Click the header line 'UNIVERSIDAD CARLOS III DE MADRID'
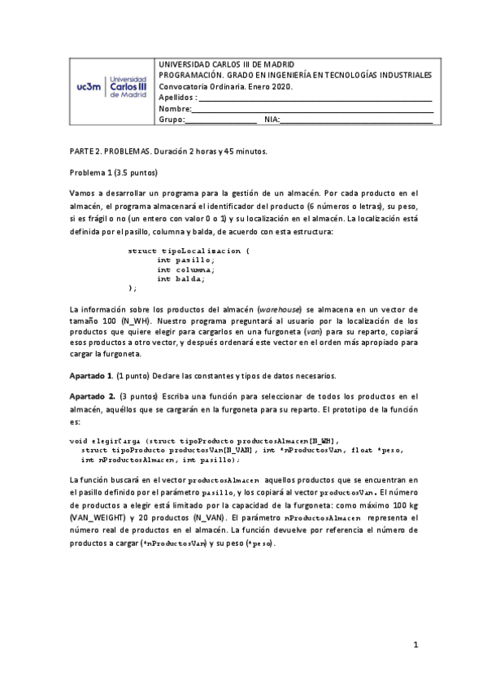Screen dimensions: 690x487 226,63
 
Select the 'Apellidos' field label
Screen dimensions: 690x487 176,98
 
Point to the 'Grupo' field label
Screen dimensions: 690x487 171,120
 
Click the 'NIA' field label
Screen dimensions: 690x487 271,120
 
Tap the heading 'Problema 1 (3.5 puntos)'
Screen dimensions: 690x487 114,173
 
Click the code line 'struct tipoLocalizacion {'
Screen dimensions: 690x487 189,251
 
